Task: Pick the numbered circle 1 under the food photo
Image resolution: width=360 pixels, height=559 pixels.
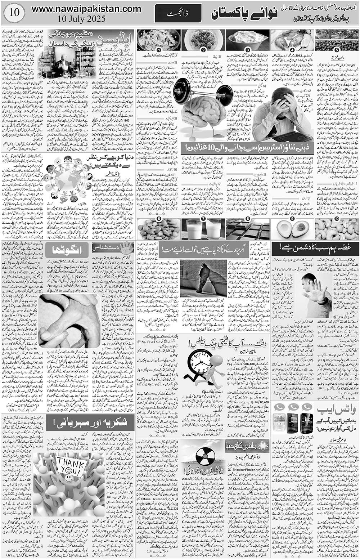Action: coord(158,50)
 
